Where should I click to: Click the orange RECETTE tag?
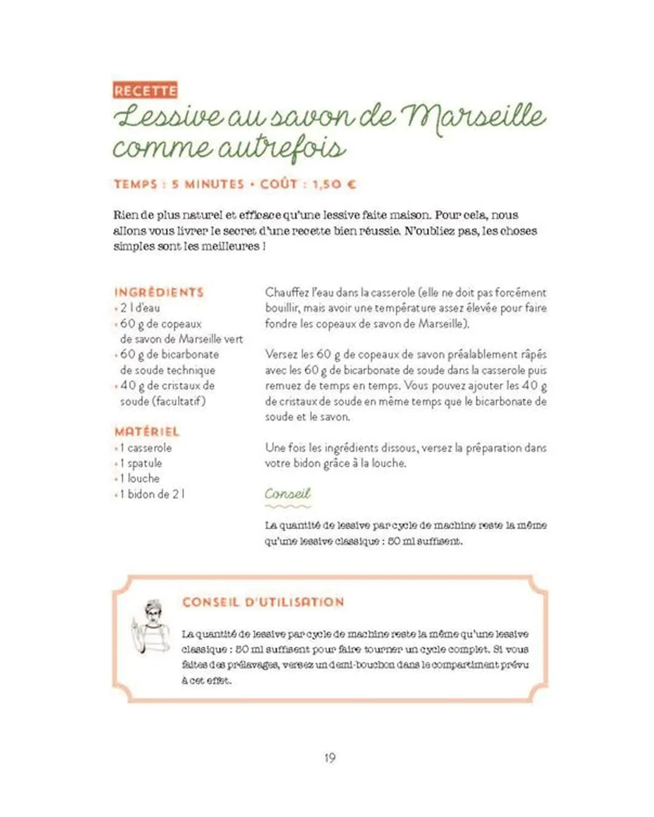click(x=145, y=91)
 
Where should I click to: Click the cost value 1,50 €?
click(x=334, y=184)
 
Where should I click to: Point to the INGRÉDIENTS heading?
click(x=159, y=292)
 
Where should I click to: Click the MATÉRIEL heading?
click(x=147, y=431)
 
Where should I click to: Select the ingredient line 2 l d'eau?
click(x=140, y=308)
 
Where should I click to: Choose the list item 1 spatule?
click(x=140, y=463)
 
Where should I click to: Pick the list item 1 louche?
click(x=139, y=478)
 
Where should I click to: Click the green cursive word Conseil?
click(x=288, y=494)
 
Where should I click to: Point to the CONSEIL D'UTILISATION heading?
click(x=263, y=602)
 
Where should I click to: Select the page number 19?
click(x=329, y=758)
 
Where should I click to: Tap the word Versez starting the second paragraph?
click(x=281, y=355)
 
